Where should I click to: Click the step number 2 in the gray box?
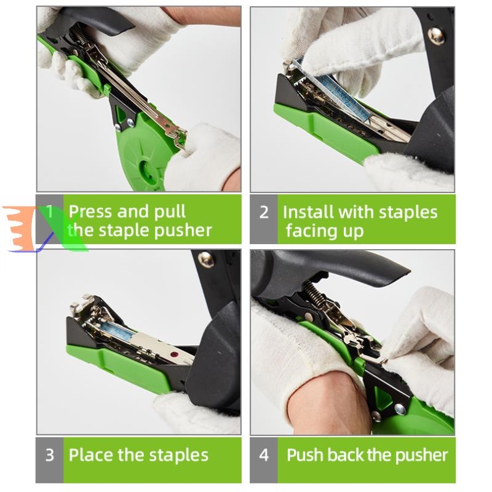pos(264,212)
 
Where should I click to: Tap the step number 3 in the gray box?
pos(50,455)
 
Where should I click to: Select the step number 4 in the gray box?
pos(264,455)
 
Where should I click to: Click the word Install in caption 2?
pos(309,212)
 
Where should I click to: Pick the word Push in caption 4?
pos(304,455)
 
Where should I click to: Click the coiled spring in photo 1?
pos(79,34)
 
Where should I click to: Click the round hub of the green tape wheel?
pos(147,171)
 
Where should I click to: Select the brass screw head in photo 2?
pos(436,36)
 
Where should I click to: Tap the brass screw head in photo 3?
pos(206,259)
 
